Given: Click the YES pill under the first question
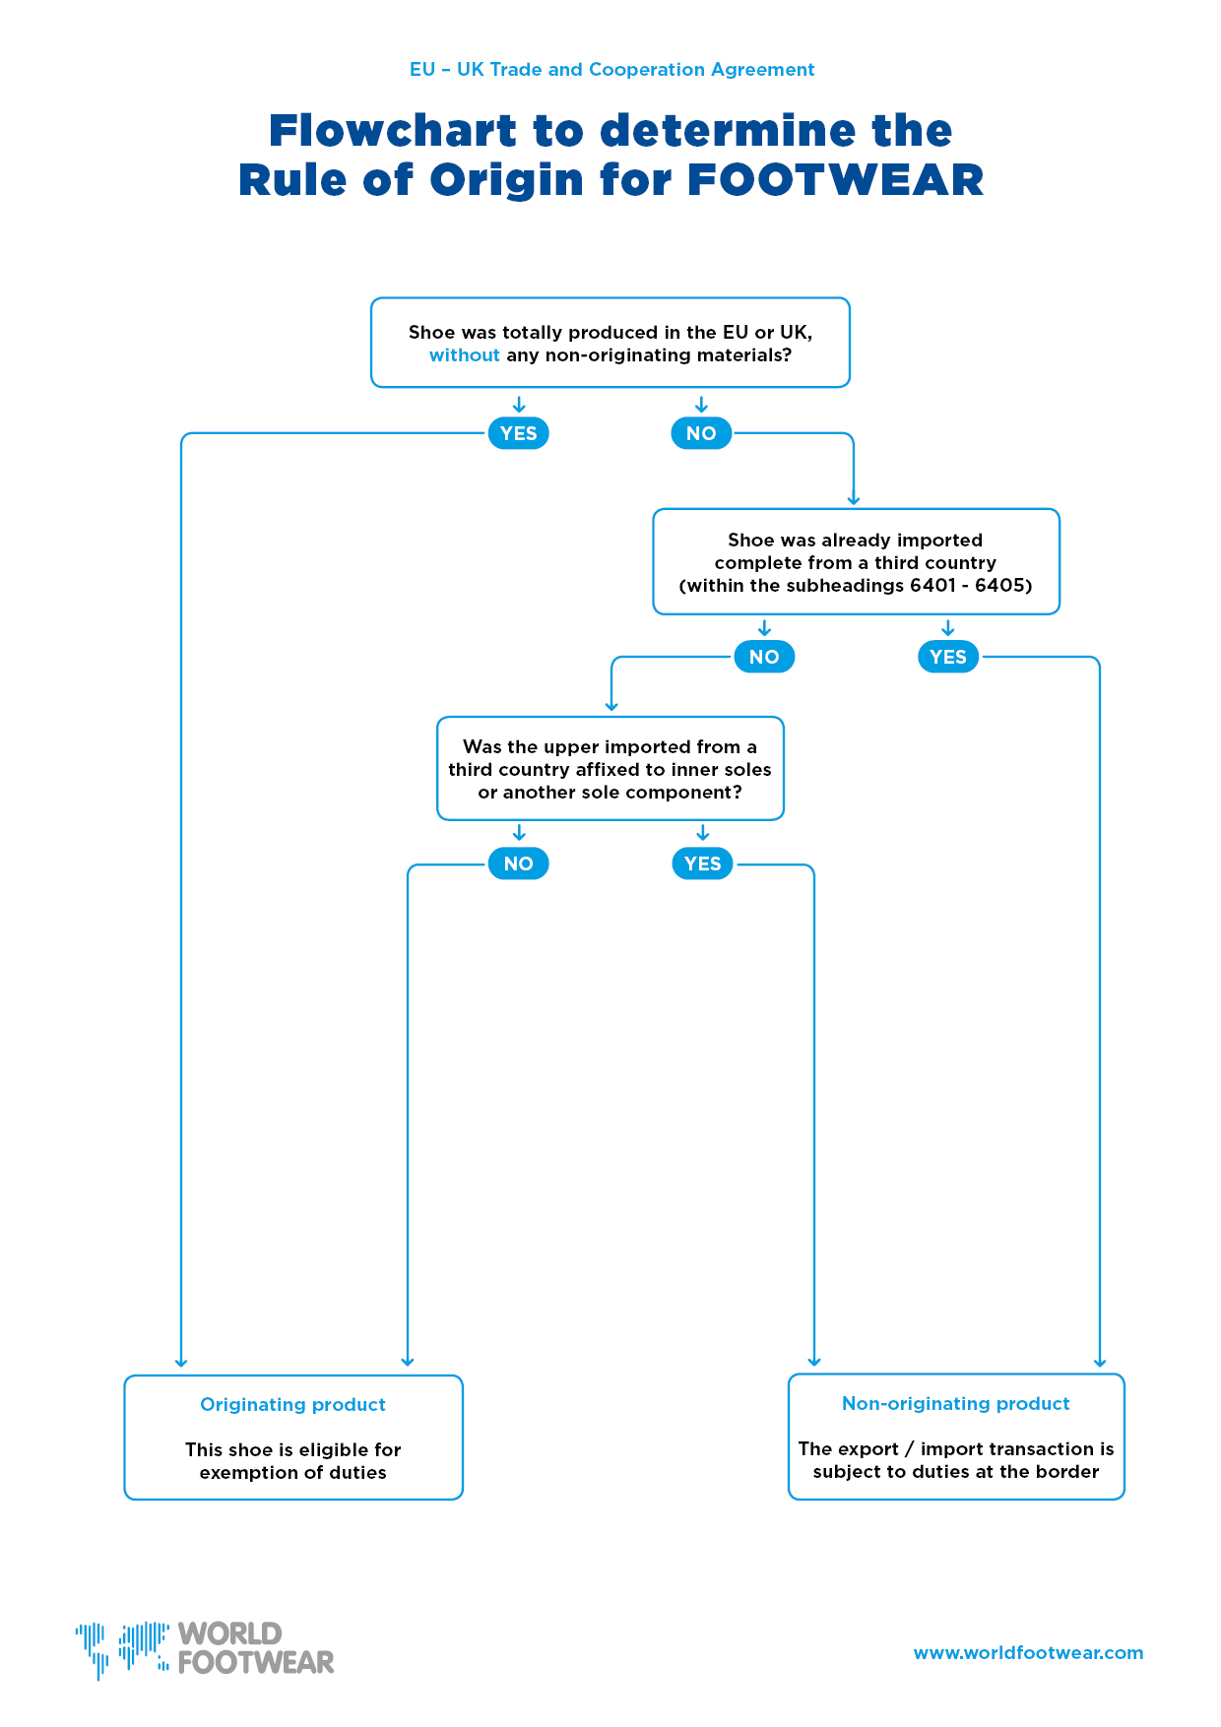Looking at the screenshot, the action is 518,433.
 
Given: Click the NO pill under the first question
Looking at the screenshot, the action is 701,433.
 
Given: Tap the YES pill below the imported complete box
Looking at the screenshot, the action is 948,657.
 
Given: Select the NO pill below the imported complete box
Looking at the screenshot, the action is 764,657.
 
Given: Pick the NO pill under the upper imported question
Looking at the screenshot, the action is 518,863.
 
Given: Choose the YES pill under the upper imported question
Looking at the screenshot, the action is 702,863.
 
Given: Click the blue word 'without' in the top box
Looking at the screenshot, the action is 464,355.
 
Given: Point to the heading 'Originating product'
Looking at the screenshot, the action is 292,1405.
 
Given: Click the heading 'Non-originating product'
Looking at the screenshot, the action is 955,1404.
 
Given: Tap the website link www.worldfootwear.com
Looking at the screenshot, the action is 1028,1653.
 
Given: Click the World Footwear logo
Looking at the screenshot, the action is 205,1649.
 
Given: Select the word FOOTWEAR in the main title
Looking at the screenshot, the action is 835,180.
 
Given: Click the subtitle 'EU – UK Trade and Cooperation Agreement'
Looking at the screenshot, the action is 611,70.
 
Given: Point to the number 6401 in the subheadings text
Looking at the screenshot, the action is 933,586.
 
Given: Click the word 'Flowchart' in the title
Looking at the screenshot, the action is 393,131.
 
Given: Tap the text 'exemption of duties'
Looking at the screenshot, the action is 292,1473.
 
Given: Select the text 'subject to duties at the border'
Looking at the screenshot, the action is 955,1472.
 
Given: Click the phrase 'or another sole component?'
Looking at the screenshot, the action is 610,793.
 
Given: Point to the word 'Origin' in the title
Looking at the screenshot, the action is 506,181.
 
